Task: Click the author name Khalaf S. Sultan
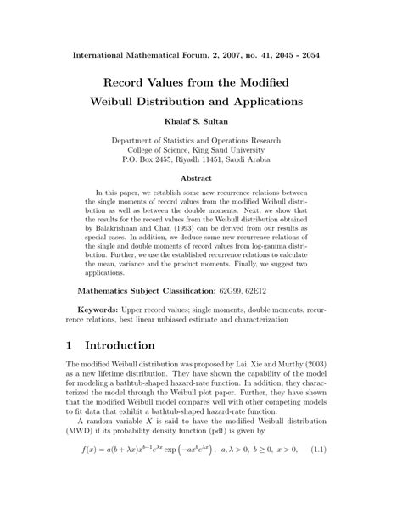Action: [201, 121]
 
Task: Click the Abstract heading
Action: [201, 179]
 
